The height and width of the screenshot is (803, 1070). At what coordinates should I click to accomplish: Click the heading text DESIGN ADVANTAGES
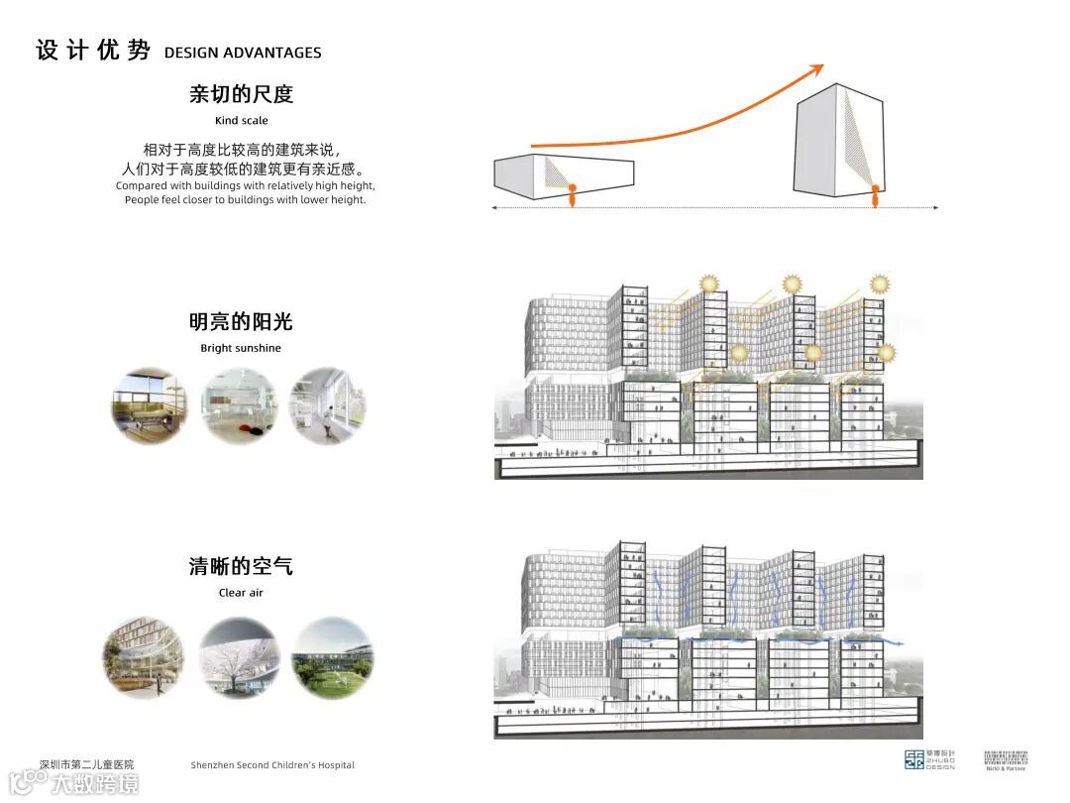(x=243, y=53)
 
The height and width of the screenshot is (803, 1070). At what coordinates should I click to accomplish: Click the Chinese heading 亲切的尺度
(x=241, y=95)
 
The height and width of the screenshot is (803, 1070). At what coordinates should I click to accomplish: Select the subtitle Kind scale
(x=241, y=121)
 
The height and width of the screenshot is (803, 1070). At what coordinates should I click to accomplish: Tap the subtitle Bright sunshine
(x=241, y=348)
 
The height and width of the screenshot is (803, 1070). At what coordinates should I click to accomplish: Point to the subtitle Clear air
(x=241, y=593)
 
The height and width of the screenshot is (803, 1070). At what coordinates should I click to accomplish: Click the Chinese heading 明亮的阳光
(x=241, y=322)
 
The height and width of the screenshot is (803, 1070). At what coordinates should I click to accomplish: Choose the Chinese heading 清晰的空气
(x=241, y=567)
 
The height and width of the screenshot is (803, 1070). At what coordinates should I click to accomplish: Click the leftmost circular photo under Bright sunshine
(x=149, y=405)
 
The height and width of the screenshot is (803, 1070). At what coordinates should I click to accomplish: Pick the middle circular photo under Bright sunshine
(x=239, y=405)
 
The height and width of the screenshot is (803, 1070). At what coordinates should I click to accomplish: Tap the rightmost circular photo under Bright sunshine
(x=327, y=405)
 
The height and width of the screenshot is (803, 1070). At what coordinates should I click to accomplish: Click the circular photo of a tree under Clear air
(x=239, y=657)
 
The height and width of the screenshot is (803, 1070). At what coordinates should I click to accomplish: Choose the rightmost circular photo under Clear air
(x=333, y=657)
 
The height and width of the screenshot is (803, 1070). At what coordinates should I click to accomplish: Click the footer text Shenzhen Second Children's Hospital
(x=272, y=765)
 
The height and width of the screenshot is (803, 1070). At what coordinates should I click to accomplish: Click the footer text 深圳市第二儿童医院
(x=86, y=764)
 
